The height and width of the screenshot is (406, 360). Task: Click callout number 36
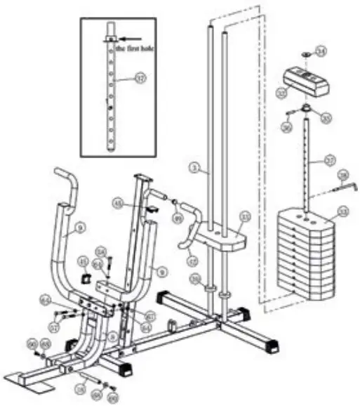[x=286, y=127]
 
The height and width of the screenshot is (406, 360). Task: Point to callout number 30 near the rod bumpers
[x=194, y=280]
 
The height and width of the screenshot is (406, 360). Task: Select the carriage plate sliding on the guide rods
[x=220, y=235]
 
